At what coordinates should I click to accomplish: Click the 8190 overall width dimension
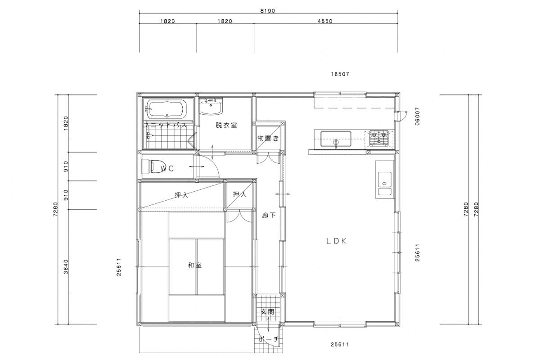(x=268, y=11)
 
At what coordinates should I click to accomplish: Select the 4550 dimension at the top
(x=325, y=21)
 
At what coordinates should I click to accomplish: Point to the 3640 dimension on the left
(x=66, y=267)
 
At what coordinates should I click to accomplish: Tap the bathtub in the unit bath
(x=166, y=110)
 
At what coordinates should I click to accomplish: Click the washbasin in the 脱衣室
(x=211, y=107)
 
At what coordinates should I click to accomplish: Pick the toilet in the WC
(x=152, y=166)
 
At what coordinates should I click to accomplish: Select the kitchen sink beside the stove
(x=336, y=139)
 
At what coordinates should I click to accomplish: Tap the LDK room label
(x=337, y=241)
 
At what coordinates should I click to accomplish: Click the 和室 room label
(x=195, y=265)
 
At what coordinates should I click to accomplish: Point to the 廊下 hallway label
(x=269, y=215)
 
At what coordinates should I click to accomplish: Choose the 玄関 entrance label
(x=268, y=312)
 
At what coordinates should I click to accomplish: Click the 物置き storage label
(x=268, y=139)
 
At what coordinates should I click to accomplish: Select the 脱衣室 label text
(x=226, y=125)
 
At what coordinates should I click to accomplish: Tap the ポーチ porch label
(x=269, y=339)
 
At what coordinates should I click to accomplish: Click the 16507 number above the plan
(x=340, y=74)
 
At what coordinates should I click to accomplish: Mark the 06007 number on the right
(x=417, y=116)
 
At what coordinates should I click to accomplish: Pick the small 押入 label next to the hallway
(x=239, y=194)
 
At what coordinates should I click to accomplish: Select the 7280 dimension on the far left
(x=55, y=209)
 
